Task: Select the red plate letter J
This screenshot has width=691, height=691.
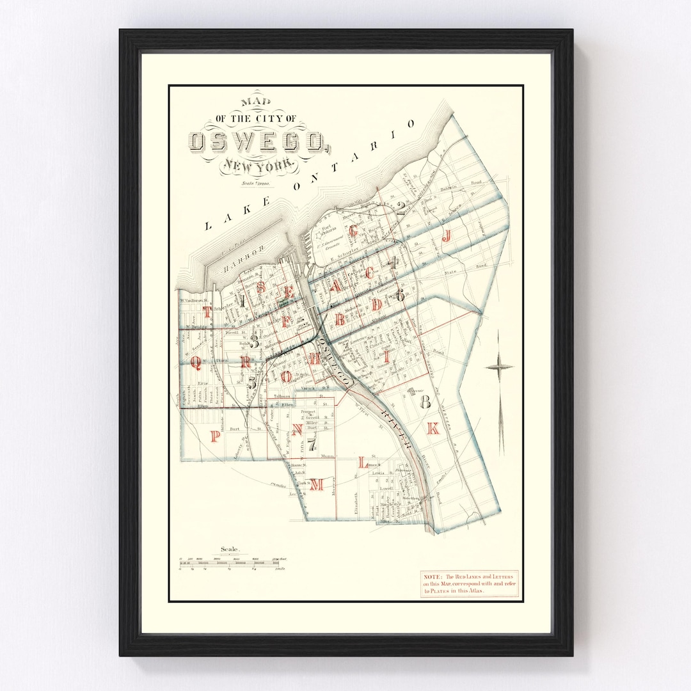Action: [447, 235]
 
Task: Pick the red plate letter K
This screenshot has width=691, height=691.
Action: [433, 429]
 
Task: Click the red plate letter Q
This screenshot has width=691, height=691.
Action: [196, 363]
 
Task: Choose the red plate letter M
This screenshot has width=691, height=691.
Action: [317, 485]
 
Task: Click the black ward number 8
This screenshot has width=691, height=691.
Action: [424, 402]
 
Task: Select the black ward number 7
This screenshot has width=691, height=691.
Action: [312, 443]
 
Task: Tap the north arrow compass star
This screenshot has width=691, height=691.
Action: [499, 367]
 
